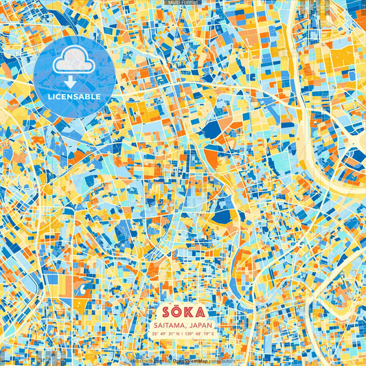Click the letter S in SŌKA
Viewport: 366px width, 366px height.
[x=165, y=313]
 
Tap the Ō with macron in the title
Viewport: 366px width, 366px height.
[x=176, y=312]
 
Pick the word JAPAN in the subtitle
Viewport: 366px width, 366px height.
[x=199, y=326]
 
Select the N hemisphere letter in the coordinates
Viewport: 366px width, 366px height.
[x=177, y=335]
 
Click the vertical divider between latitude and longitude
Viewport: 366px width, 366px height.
[x=183, y=335]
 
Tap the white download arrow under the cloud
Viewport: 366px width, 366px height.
[x=74, y=82]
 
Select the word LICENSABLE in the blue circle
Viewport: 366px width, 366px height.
[x=74, y=97]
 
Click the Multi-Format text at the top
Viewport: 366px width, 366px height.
[x=183, y=3]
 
